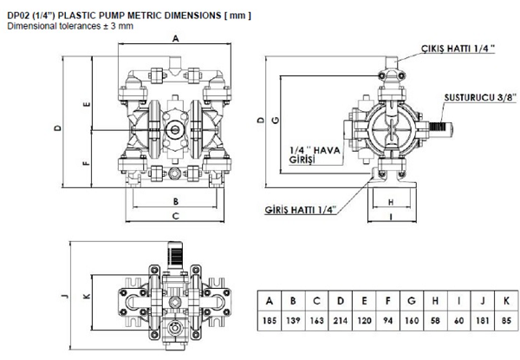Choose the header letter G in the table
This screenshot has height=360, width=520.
412,301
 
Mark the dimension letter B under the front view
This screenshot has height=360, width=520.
176,201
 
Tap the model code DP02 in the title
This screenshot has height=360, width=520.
20,15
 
